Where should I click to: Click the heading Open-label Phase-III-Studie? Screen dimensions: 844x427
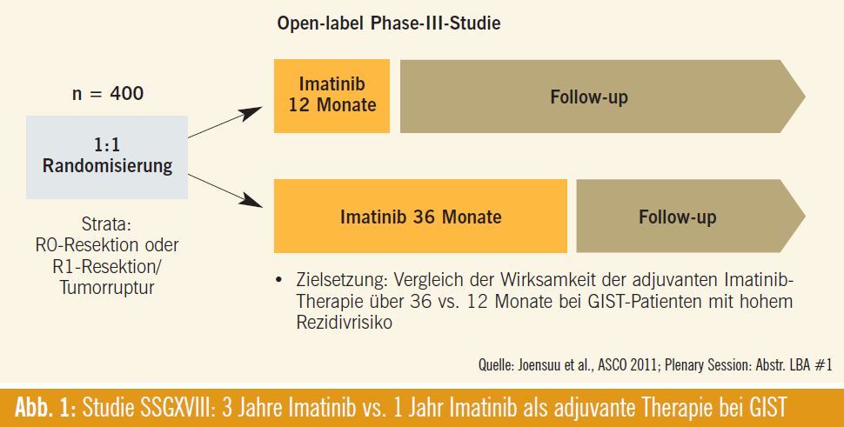[x=389, y=23]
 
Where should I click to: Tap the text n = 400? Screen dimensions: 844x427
[x=108, y=94]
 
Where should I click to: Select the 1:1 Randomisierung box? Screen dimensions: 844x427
[x=107, y=157]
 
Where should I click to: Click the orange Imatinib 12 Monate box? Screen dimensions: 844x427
[x=332, y=96]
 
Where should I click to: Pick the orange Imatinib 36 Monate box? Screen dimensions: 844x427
[x=420, y=216]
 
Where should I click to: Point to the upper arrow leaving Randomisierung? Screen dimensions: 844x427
[x=225, y=122]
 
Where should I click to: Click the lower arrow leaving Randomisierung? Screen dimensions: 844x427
[x=225, y=190]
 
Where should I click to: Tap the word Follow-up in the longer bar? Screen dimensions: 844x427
[x=589, y=97]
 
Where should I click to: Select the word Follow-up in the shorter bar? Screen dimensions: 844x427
[x=677, y=217]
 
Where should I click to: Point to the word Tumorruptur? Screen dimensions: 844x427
[x=107, y=287]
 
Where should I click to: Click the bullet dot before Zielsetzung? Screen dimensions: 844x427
[x=278, y=280]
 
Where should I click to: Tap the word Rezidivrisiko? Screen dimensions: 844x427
[x=344, y=322]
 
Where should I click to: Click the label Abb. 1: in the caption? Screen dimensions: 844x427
[x=46, y=408]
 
